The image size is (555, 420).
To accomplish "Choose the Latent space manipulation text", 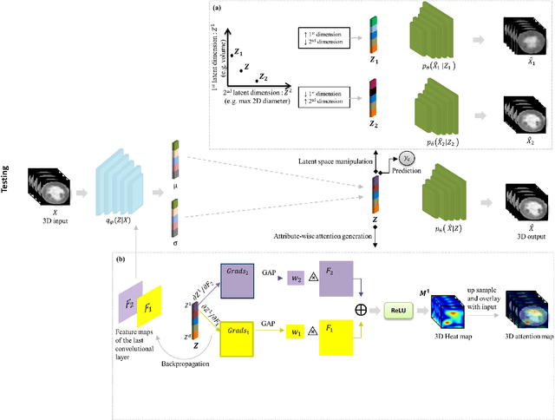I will coord(325,161).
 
